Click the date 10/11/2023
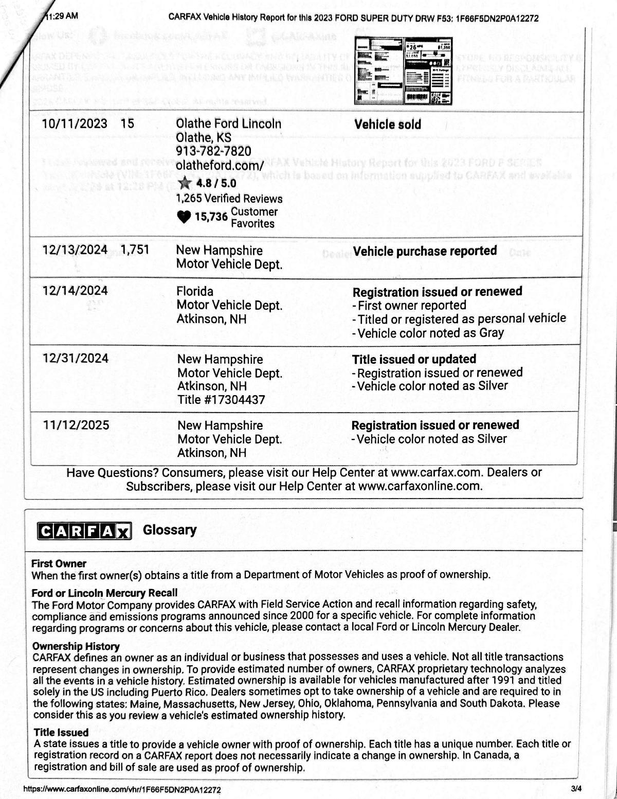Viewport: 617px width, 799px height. (75, 123)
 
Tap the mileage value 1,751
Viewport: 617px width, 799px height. (135, 250)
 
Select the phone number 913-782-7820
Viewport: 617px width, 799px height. (213, 151)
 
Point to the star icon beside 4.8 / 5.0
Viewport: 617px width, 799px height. (185, 183)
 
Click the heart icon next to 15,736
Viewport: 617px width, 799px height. (184, 217)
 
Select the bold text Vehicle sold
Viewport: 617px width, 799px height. (387, 125)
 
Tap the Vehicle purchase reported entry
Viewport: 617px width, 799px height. (425, 251)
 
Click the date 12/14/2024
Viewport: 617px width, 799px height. (75, 291)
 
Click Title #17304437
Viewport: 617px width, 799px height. (221, 400)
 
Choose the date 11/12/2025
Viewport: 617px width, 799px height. (76, 425)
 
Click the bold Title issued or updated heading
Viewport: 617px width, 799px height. (414, 359)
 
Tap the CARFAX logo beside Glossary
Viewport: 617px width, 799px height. (84, 531)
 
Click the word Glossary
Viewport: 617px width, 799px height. (170, 530)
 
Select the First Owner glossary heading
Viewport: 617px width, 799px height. (59, 563)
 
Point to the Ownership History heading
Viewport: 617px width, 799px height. (76, 646)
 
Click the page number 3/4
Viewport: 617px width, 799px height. (576, 788)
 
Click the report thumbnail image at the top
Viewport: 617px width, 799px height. (404, 71)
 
